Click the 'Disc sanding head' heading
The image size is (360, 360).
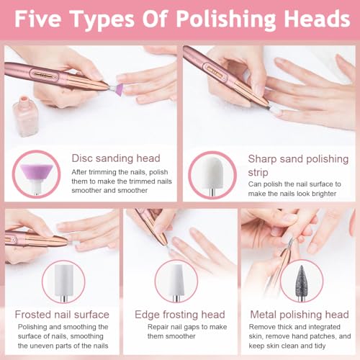pos(115,158)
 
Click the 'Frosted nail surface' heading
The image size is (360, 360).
pos(62,315)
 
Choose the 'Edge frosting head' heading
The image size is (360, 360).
pos(179,315)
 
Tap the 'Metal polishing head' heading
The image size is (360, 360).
pos(299,315)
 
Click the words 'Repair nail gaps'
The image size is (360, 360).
pos(168,327)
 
